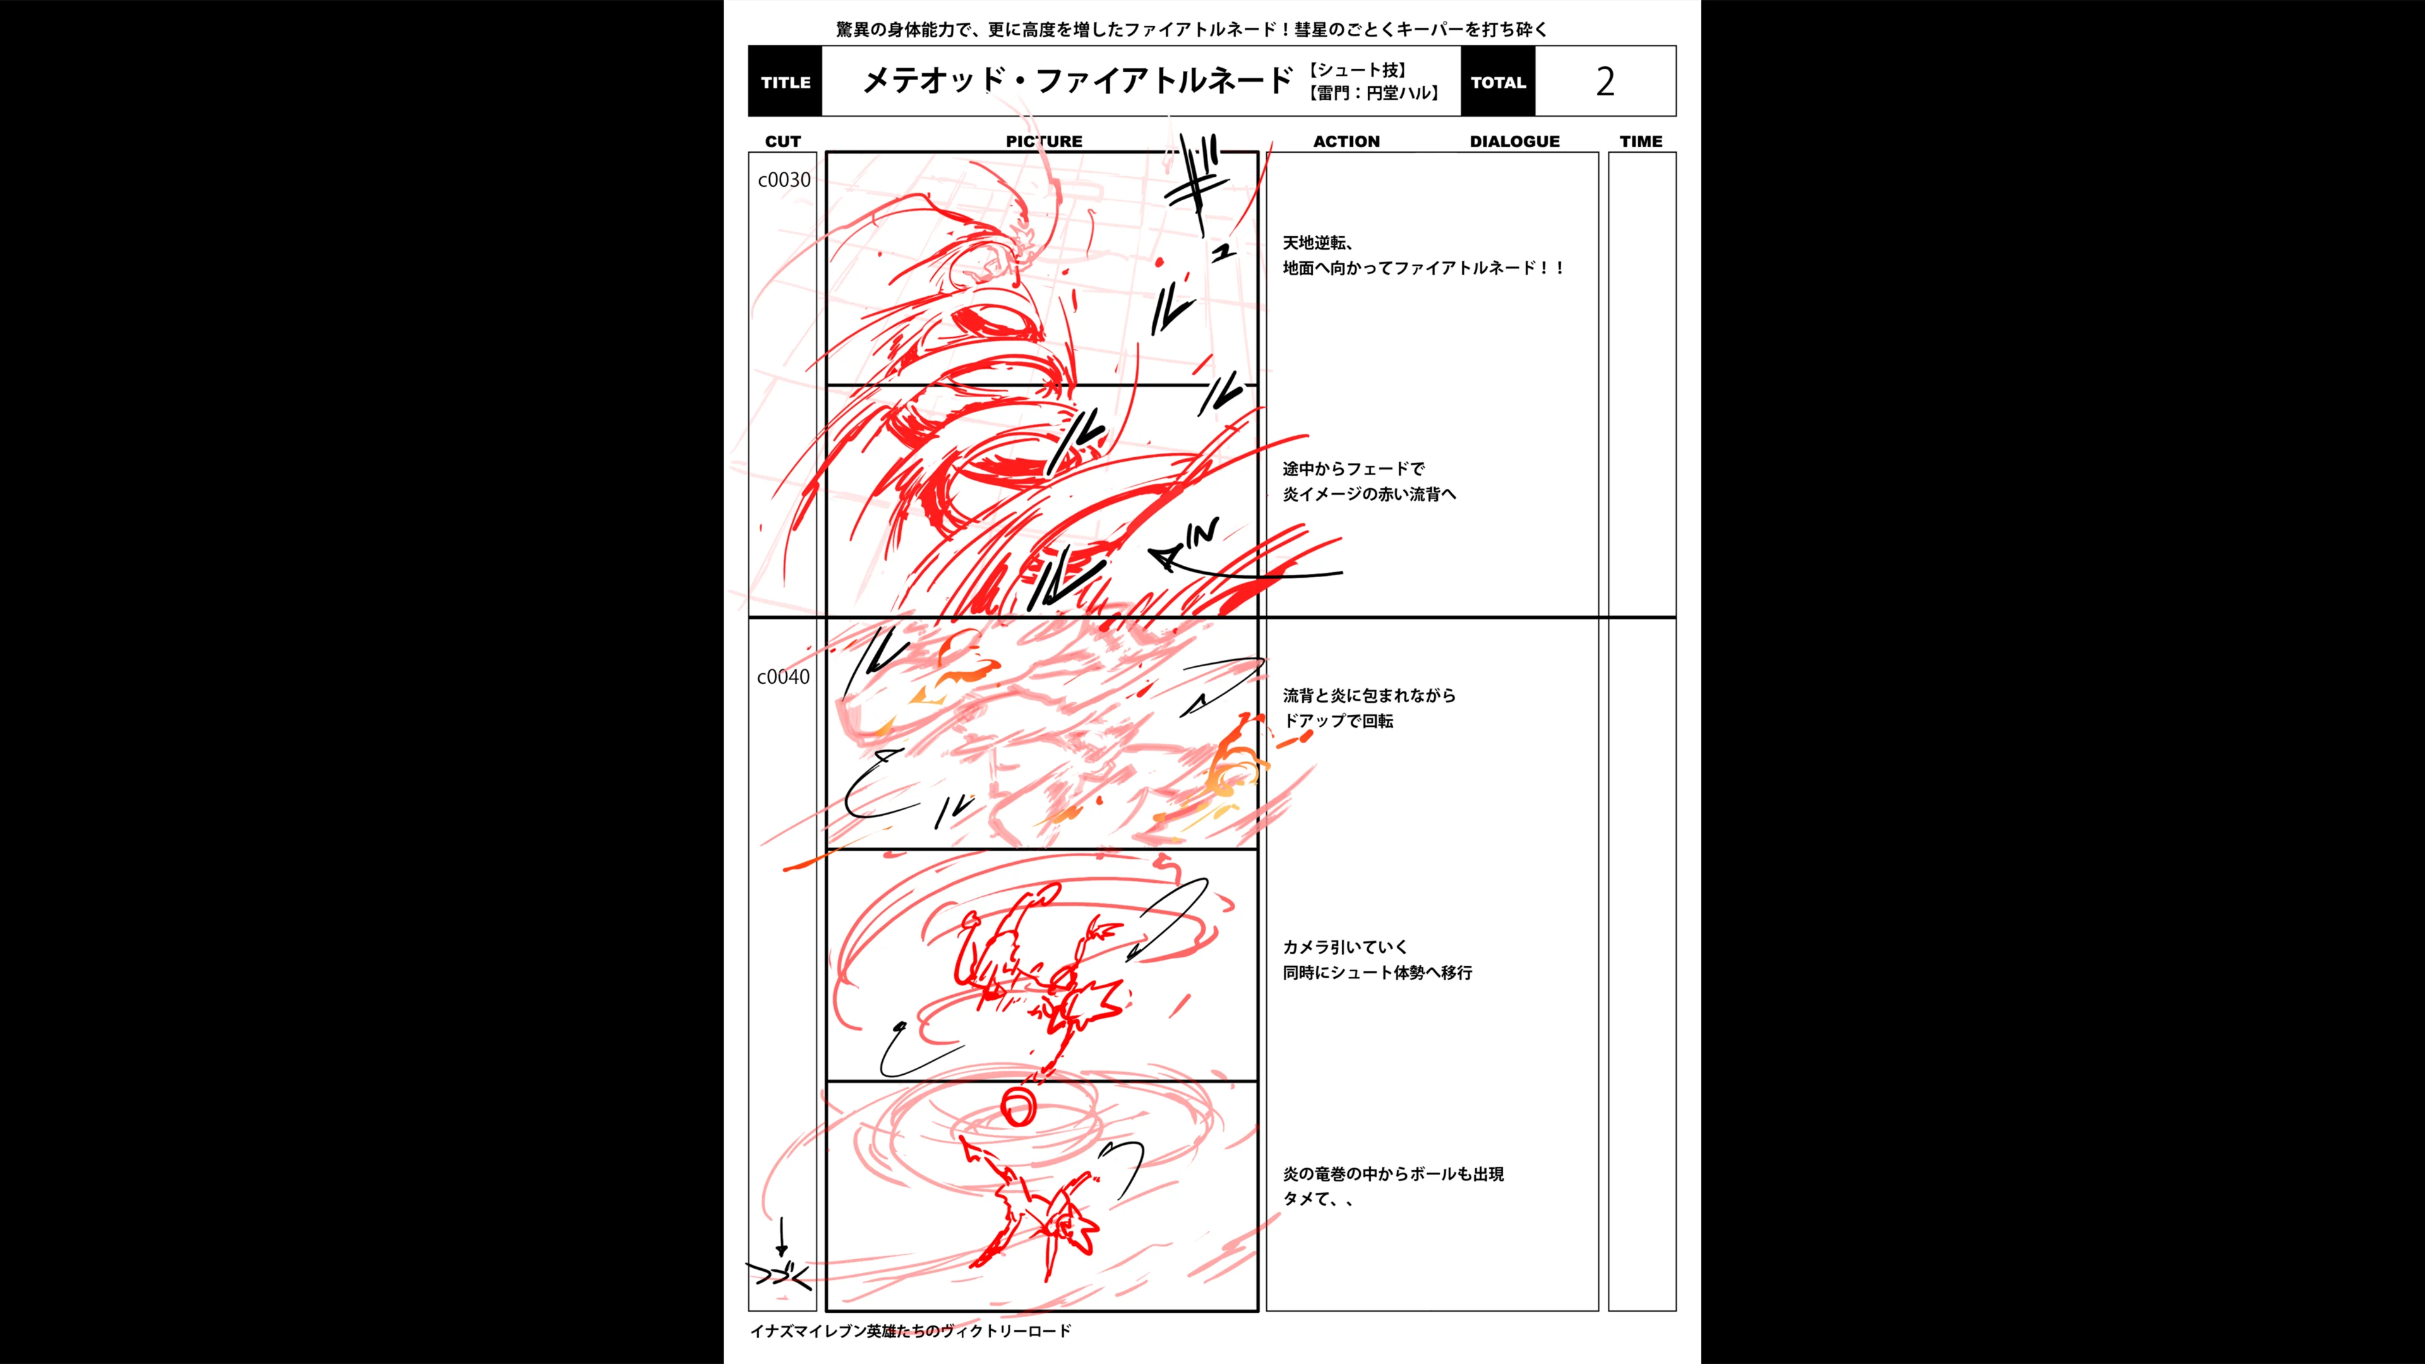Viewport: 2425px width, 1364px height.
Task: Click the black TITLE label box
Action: click(x=785, y=82)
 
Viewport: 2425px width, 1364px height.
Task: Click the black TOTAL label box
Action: click(x=1498, y=82)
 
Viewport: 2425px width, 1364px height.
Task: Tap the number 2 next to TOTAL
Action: click(x=1605, y=82)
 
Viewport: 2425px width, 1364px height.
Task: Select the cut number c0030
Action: click(x=783, y=180)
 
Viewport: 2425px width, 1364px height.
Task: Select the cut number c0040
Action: click(x=782, y=677)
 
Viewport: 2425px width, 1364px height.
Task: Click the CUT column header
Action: click(x=782, y=141)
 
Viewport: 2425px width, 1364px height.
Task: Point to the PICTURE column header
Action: click(x=1043, y=141)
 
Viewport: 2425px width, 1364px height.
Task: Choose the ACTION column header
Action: click(x=1346, y=141)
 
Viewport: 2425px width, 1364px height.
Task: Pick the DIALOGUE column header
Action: click(x=1514, y=141)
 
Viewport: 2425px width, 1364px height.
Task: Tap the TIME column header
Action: click(x=1641, y=141)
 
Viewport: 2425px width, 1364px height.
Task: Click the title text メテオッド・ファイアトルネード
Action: click(x=1078, y=81)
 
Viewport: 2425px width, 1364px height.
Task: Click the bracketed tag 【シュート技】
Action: click(x=1356, y=69)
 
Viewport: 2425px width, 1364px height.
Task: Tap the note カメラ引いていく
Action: click(x=1344, y=947)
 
